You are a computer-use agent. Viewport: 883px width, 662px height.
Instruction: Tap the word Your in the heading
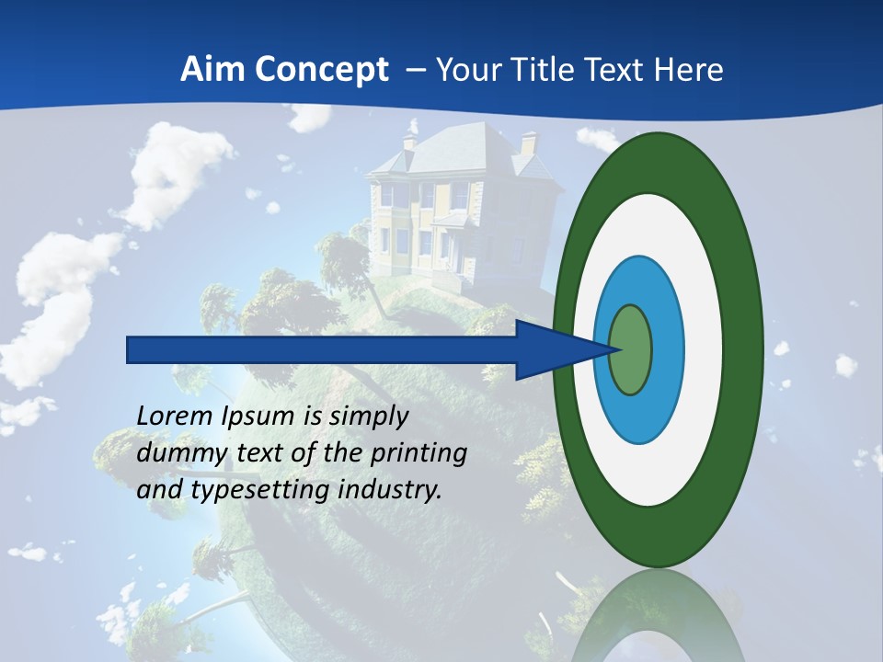pos(464,69)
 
